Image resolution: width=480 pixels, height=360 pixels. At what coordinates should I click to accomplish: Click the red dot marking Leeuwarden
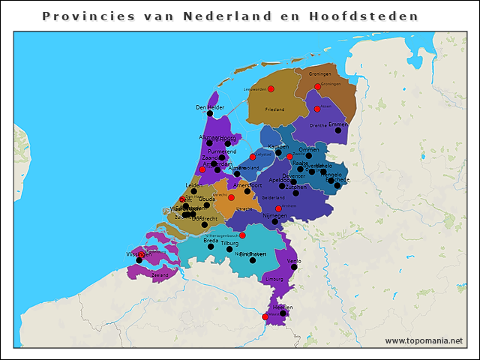point(271,89)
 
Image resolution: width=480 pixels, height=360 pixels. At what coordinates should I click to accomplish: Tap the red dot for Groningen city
point(317,87)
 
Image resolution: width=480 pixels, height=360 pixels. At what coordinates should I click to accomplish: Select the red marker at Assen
point(317,109)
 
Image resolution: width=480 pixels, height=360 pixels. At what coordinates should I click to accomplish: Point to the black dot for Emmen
point(338,130)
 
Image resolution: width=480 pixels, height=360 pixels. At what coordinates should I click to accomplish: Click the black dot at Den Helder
point(210,114)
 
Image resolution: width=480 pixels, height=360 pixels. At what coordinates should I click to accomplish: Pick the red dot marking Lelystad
point(253,157)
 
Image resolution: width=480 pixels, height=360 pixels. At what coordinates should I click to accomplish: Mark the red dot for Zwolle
point(289,157)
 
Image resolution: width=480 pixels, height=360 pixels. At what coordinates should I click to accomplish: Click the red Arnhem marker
point(278,208)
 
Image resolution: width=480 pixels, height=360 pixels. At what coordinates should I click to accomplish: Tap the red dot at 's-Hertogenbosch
point(242,235)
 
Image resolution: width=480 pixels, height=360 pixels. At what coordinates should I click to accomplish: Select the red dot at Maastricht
point(265,317)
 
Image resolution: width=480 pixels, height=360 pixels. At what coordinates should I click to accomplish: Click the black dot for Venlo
point(294,267)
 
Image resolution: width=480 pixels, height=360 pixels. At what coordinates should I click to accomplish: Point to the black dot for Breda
point(211,247)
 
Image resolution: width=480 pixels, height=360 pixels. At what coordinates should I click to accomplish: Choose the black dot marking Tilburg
point(229,249)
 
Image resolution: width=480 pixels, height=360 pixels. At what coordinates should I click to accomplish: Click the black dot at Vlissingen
point(139,260)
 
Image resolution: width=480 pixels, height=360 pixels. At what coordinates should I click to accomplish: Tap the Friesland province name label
point(274,109)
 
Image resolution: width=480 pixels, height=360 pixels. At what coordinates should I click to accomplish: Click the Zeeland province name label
point(160,276)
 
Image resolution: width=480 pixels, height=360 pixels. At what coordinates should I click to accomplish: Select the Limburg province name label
point(274,278)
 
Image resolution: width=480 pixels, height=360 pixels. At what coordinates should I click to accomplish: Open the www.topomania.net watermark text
point(424,341)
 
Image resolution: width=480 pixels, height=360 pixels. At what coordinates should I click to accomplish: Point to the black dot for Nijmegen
point(274,222)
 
